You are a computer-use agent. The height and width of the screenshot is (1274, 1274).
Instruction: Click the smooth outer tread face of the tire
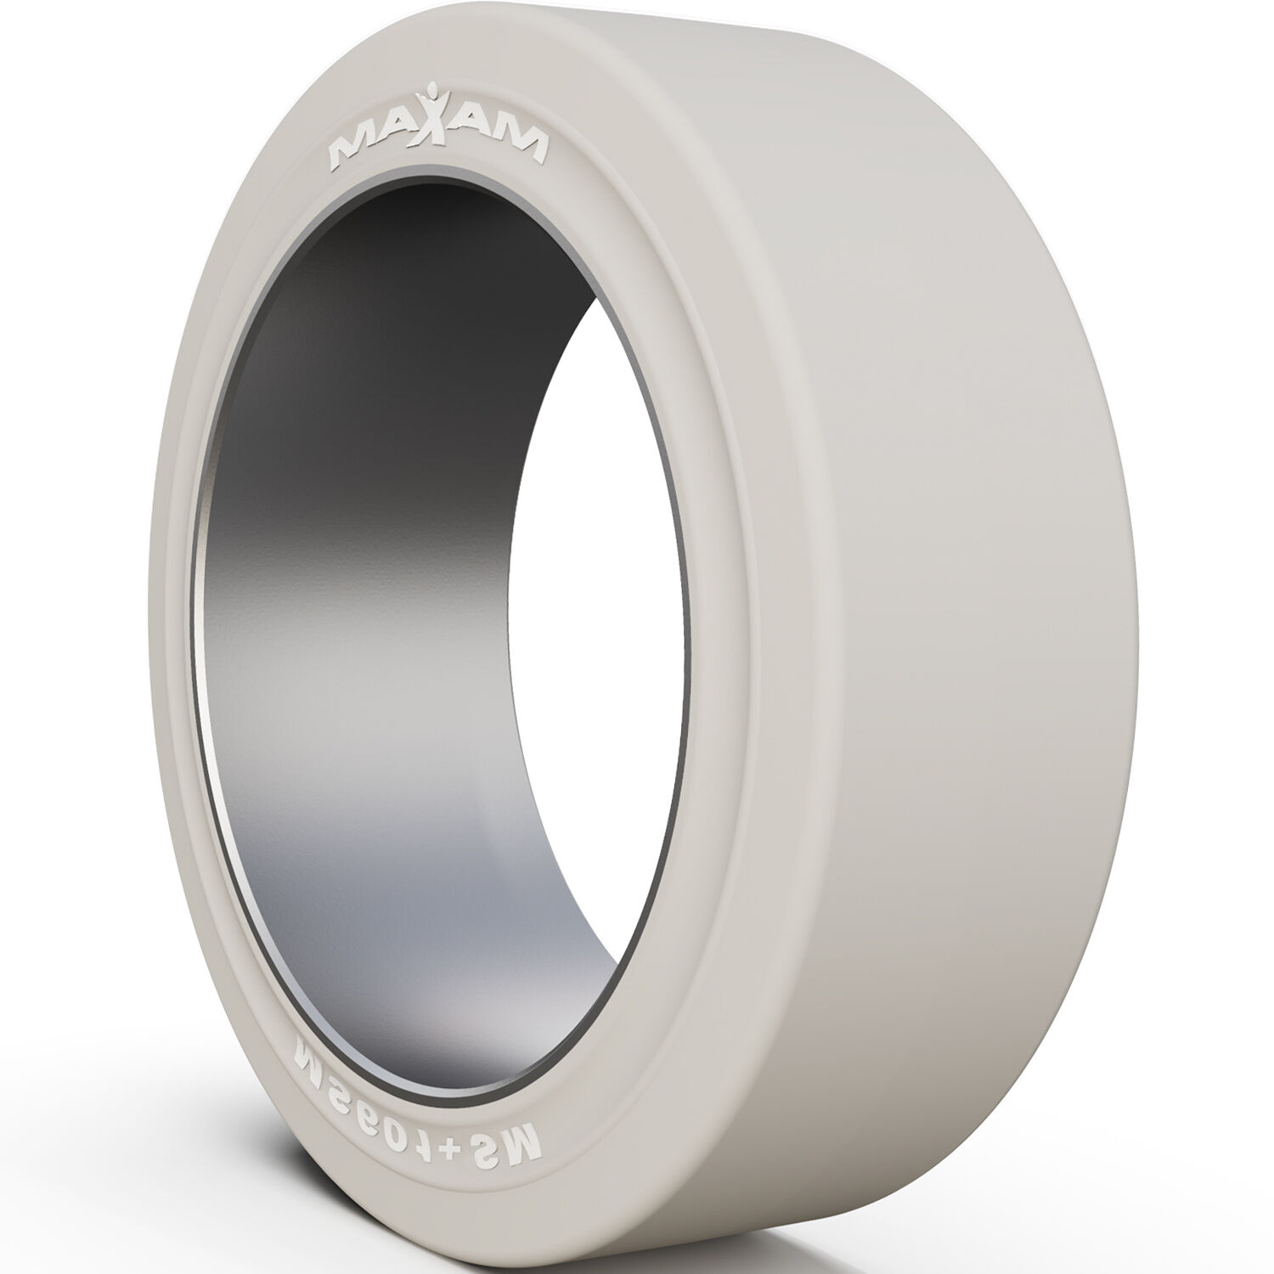977,595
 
